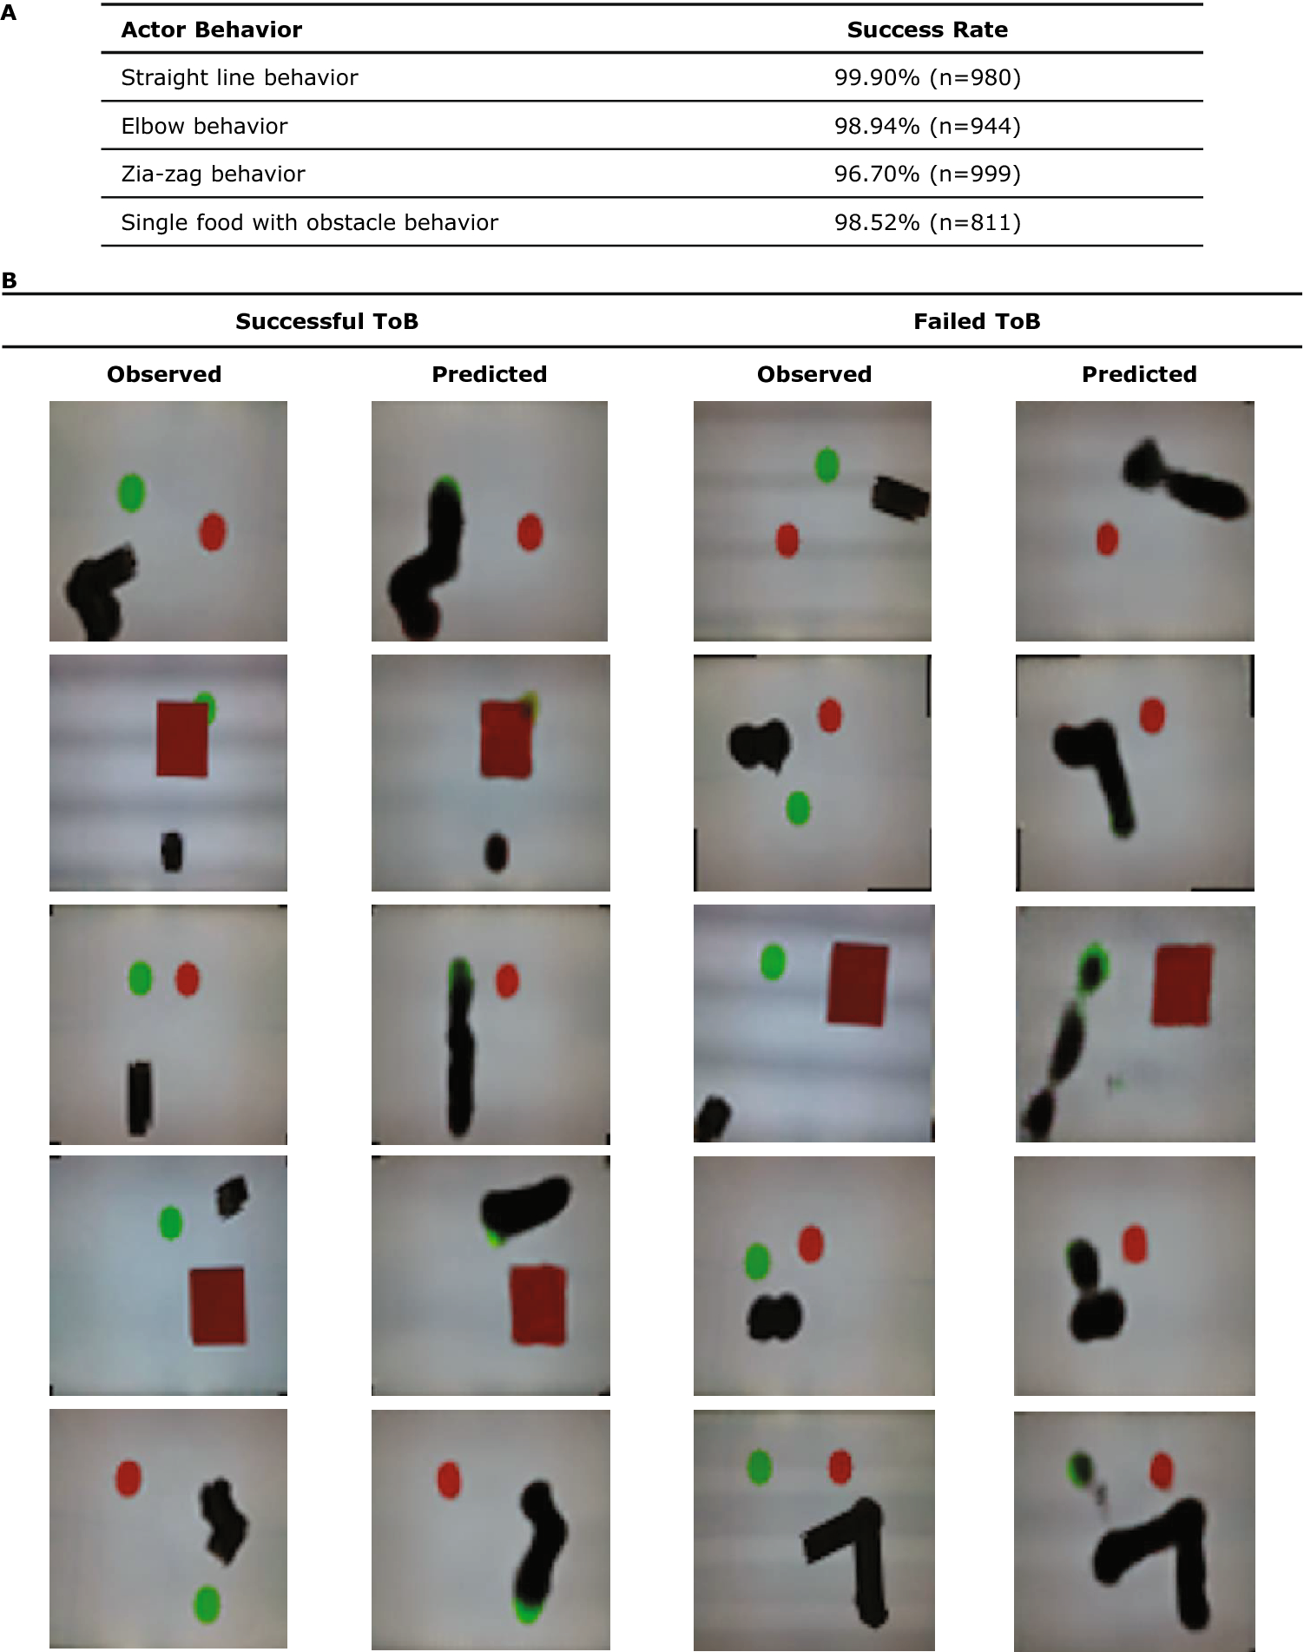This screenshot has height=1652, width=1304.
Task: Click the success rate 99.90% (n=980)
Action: coord(927,78)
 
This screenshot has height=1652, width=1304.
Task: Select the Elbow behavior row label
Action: coord(204,127)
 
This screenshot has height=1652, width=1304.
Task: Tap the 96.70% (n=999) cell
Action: coord(927,174)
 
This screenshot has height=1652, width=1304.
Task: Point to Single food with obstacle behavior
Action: coord(309,223)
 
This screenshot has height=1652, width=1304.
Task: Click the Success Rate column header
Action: coord(927,30)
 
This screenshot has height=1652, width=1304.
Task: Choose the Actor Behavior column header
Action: coord(212,30)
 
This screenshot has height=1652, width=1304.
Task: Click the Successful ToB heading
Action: coord(326,322)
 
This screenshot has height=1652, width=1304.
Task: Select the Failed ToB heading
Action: coord(977,322)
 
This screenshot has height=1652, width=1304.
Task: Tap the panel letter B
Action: coord(10,281)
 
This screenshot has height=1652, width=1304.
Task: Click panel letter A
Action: coord(9,13)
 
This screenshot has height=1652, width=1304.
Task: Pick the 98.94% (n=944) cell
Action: coord(927,127)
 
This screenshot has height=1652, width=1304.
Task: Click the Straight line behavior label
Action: coord(239,78)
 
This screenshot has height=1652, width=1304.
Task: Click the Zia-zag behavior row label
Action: coord(213,174)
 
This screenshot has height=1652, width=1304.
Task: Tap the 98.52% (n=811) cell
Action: coord(927,223)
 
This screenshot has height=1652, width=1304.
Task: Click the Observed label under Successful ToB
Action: coord(164,375)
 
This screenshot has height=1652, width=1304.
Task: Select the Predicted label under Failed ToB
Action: coord(1139,375)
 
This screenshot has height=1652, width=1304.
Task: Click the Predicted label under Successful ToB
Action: coord(490,375)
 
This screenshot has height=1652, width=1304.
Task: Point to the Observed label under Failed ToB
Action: coord(814,375)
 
